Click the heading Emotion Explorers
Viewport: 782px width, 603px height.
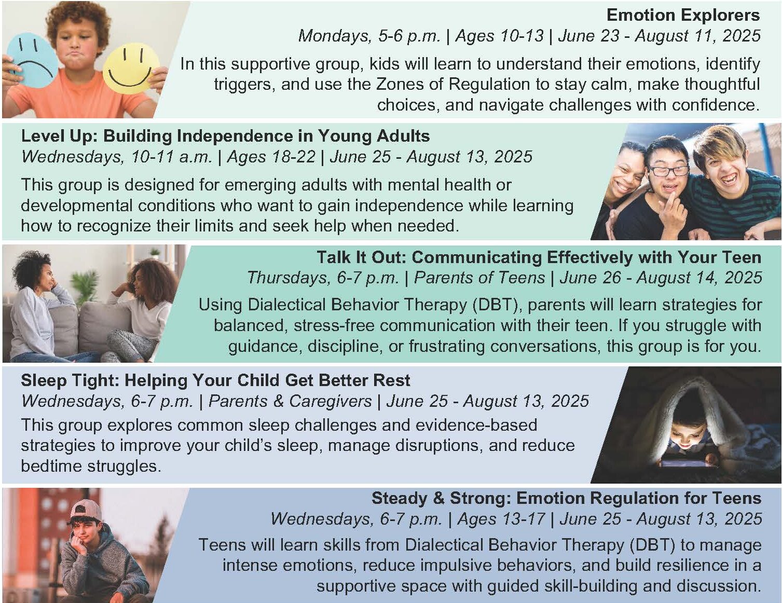tap(683, 16)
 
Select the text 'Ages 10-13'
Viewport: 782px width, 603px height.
tap(499, 36)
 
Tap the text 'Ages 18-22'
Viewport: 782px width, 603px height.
tap(271, 157)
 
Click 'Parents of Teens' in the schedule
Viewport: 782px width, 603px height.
tap(479, 278)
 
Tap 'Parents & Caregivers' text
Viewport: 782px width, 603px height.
tap(290, 401)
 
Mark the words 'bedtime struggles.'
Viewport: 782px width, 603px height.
tap(91, 467)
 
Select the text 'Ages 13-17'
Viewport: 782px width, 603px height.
tap(501, 519)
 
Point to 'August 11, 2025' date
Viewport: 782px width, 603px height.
tap(697, 36)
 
